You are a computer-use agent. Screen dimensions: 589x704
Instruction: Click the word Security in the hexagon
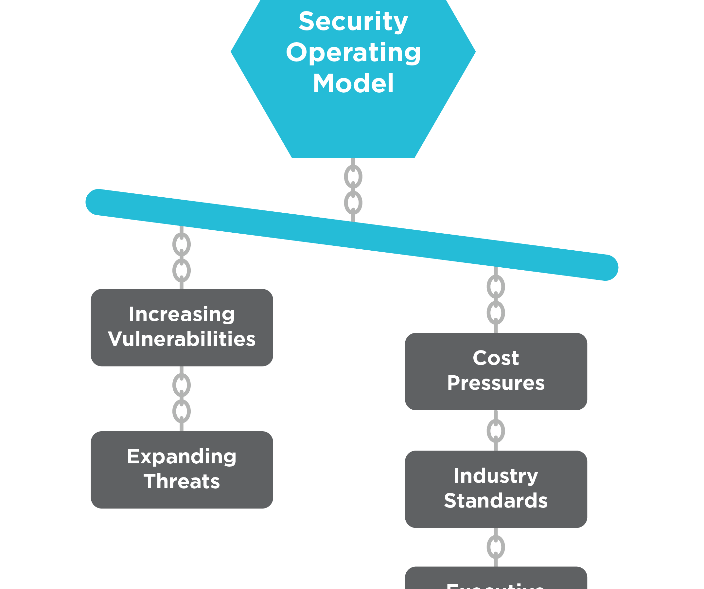pos(353,22)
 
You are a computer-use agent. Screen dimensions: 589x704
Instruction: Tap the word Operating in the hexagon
pos(353,53)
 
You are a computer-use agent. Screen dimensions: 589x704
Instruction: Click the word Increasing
pos(182,314)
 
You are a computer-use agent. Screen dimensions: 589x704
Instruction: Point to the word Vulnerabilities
pos(182,339)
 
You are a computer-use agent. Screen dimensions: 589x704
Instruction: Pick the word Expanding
pos(182,456)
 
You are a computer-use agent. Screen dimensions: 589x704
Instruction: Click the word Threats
pos(182,481)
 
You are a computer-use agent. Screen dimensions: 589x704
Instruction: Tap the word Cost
pos(496,358)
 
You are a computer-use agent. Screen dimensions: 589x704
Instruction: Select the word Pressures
pos(496,383)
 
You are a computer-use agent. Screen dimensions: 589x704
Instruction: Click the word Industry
pos(496,476)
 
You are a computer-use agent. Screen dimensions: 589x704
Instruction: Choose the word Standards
pos(496,501)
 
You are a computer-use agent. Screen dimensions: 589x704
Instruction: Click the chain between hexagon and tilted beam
pos(353,190)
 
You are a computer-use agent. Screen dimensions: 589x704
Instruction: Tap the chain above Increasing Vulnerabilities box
pos(181,258)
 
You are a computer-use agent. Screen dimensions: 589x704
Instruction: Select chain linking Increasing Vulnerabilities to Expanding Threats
pos(181,398)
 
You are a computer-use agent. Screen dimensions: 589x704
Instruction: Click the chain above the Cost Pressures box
pos(496,300)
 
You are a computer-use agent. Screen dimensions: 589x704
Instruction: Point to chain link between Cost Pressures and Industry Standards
pos(496,431)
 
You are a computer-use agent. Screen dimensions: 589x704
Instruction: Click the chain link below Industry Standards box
pos(496,547)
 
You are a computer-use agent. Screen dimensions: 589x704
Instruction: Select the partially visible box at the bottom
pos(496,580)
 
